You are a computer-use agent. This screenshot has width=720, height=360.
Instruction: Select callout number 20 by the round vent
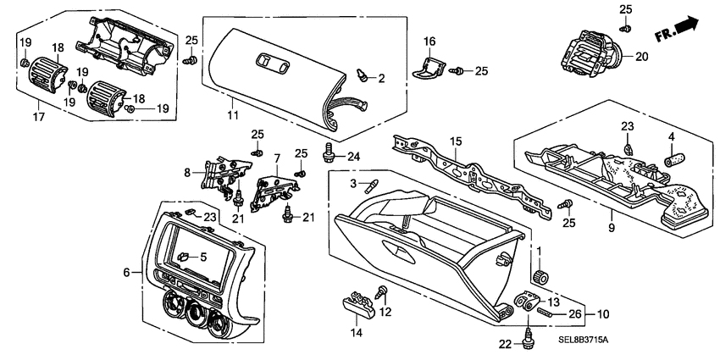(640, 58)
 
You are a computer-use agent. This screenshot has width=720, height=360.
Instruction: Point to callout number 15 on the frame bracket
(455, 141)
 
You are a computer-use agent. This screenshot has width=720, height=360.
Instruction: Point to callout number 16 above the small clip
(429, 42)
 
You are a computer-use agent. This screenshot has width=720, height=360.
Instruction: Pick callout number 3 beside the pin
(352, 184)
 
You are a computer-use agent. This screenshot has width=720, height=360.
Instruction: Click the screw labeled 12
(381, 294)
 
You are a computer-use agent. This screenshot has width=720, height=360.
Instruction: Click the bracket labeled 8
(217, 174)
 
